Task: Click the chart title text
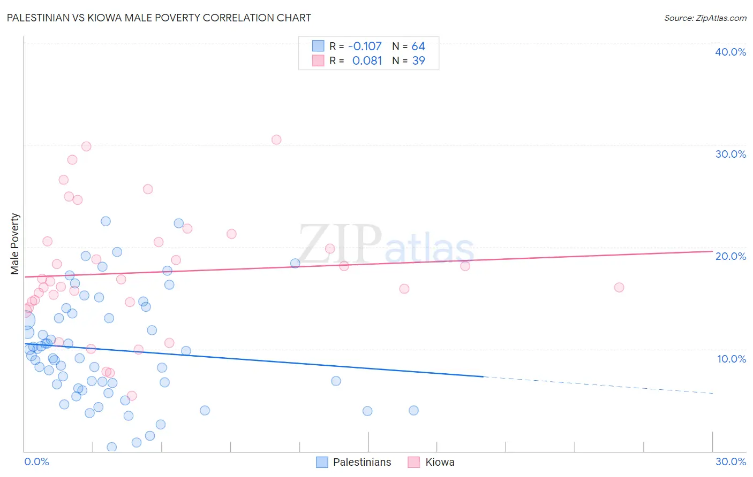click(159, 18)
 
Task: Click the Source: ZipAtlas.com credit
click(705, 18)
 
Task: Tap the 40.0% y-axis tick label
click(730, 52)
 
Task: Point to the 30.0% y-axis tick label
click(730, 154)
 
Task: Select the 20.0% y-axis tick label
click(730, 256)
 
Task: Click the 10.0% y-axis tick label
click(731, 359)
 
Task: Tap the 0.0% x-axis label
click(36, 461)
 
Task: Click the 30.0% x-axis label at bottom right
click(731, 461)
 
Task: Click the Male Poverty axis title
click(15, 244)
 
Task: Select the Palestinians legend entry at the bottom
click(362, 462)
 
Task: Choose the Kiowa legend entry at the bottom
click(439, 462)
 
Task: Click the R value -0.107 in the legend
click(365, 46)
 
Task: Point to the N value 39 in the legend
click(418, 61)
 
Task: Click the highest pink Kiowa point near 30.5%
click(276, 140)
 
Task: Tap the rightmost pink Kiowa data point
click(619, 287)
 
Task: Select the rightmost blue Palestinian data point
click(413, 410)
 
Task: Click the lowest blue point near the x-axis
click(112, 447)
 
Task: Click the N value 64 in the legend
click(418, 46)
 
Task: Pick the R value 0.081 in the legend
click(367, 61)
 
